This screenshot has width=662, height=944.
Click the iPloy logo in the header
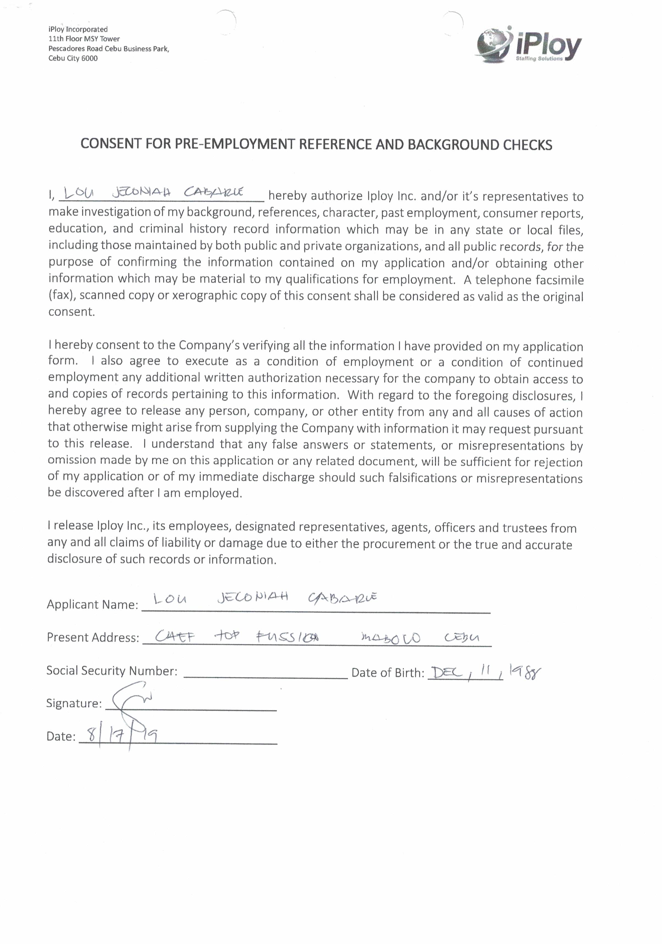529,45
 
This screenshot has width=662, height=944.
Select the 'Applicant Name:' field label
92,605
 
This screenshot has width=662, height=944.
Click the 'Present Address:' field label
93,637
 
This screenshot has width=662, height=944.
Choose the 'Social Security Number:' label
112,671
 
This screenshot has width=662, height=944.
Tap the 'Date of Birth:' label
387,673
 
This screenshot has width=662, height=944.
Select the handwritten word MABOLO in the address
390,638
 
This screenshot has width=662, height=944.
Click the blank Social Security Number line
265,674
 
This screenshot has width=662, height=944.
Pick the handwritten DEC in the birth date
445,673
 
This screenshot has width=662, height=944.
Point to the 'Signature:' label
74,703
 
